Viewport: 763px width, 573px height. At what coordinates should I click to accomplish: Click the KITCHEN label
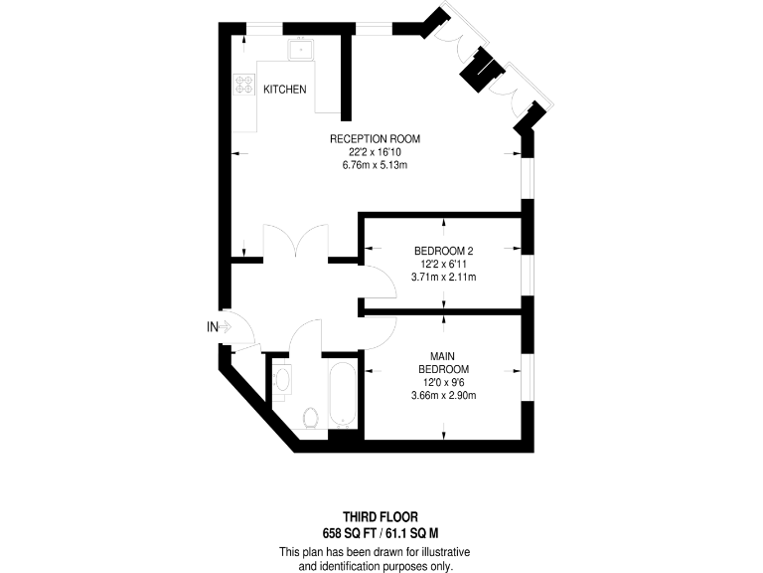point(284,90)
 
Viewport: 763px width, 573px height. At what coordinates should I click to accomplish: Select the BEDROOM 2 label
point(442,251)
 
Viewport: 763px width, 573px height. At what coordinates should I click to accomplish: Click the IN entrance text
point(212,326)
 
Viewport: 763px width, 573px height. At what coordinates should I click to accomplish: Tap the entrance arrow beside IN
point(225,326)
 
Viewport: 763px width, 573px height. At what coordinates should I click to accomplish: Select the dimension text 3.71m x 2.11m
point(443,278)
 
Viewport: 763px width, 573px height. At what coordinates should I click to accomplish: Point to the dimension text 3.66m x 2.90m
point(443,396)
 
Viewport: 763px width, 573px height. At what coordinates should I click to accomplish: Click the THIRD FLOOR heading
point(381,517)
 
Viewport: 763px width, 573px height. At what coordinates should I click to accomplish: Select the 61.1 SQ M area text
point(415,532)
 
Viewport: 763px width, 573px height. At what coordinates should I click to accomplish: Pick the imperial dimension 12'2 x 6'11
point(443,264)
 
